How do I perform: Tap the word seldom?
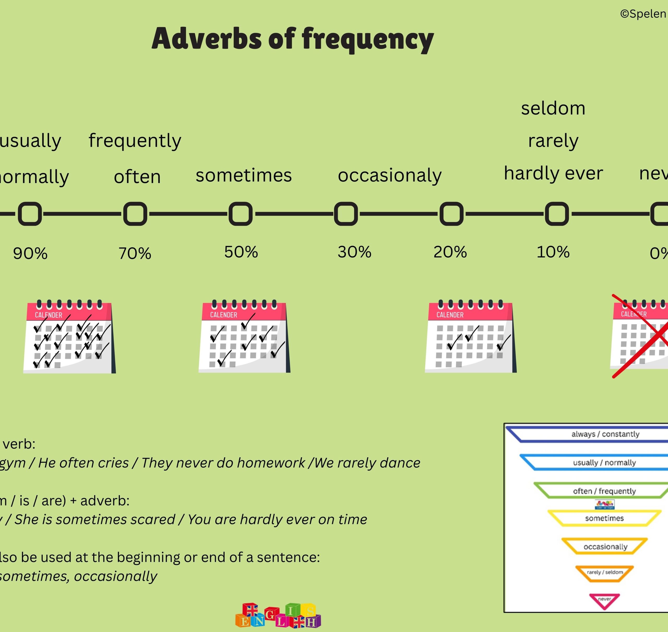tap(553, 109)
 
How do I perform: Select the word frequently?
tap(135, 140)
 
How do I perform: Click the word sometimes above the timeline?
tap(243, 175)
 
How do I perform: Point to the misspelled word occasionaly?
tap(389, 175)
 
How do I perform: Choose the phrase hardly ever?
tap(553, 174)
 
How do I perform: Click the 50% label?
tap(241, 252)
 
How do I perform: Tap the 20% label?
tap(450, 252)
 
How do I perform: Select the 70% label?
tap(135, 253)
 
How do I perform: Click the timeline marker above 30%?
tap(346, 214)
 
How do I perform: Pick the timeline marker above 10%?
tap(557, 214)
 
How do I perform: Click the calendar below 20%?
tap(470, 337)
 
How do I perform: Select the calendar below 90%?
tap(69, 337)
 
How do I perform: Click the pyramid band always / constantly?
tap(605, 434)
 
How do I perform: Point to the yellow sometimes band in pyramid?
tap(604, 518)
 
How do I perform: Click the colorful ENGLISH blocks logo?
tap(278, 616)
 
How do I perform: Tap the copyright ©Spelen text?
tap(643, 14)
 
